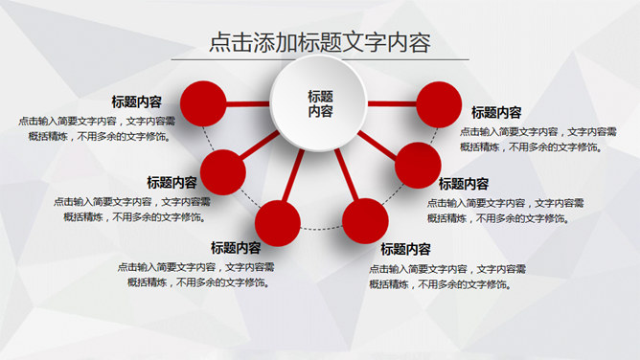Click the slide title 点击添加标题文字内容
point(319,42)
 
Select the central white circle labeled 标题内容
point(319,103)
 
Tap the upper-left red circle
point(201,101)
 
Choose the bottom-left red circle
point(278,221)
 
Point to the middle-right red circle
point(417,165)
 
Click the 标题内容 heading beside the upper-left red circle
point(136,101)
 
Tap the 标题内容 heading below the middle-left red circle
point(171,182)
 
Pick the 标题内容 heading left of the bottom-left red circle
point(236,248)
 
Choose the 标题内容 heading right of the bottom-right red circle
point(406,249)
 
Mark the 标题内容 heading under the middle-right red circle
point(464,184)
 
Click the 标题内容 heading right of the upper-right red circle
point(496,113)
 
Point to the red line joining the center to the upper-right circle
point(393,102)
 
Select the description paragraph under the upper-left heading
point(96,128)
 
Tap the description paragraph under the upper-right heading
point(538,140)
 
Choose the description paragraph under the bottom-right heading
point(447,276)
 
